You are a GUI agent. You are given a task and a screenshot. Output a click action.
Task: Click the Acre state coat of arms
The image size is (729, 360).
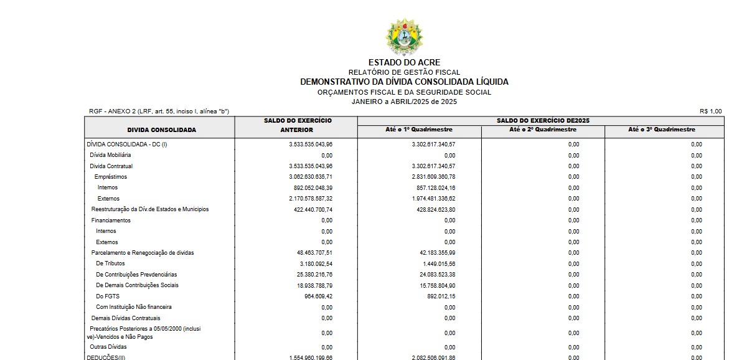click(404, 37)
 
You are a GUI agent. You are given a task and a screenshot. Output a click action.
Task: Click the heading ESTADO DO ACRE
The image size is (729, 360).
click(404, 62)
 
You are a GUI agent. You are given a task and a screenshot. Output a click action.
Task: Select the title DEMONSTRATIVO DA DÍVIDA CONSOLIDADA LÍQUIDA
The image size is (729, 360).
click(404, 82)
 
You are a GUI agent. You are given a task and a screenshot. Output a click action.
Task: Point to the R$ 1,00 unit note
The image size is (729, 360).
click(711, 111)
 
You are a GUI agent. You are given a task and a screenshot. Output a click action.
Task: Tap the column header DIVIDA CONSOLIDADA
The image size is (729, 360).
click(161, 130)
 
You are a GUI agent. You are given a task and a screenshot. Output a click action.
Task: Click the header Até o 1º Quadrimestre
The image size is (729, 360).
click(419, 130)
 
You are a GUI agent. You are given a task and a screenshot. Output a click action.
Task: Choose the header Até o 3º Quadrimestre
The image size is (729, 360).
click(664, 130)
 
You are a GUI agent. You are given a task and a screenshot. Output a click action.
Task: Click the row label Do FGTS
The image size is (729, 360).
click(108, 296)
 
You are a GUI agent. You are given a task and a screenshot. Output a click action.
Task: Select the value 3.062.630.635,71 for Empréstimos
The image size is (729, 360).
click(311, 177)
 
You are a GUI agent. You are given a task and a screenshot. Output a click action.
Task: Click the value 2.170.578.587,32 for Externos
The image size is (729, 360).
click(311, 198)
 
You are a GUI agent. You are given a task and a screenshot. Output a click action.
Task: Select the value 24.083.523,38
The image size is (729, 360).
click(436, 275)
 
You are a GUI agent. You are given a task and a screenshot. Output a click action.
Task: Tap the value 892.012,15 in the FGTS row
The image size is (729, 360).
click(440, 296)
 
